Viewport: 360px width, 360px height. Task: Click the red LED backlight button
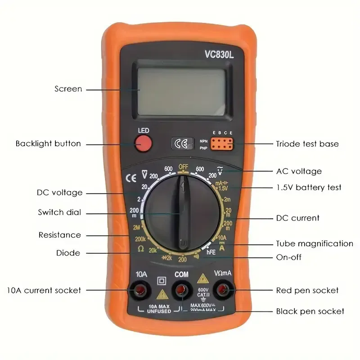[x=144, y=144]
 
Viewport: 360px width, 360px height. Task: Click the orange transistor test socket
[x=222, y=144]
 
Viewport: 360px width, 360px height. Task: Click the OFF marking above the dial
[x=183, y=166]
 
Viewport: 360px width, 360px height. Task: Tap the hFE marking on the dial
[x=211, y=252]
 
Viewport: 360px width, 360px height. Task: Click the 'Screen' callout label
[x=68, y=89]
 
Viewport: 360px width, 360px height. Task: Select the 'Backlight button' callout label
[x=48, y=144]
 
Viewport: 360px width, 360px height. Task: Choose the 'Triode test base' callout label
[x=307, y=144]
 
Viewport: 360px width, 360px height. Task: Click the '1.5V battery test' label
[x=309, y=187]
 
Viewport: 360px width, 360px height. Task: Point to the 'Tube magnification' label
[x=315, y=244]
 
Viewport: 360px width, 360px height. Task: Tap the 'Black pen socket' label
[x=310, y=311]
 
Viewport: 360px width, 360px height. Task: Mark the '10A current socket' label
[x=44, y=290]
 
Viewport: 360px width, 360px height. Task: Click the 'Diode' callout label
[x=68, y=253]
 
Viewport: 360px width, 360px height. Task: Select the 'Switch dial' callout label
[x=60, y=212]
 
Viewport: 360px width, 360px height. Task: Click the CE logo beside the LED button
[x=182, y=144]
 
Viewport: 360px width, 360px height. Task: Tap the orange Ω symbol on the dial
[x=141, y=248]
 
